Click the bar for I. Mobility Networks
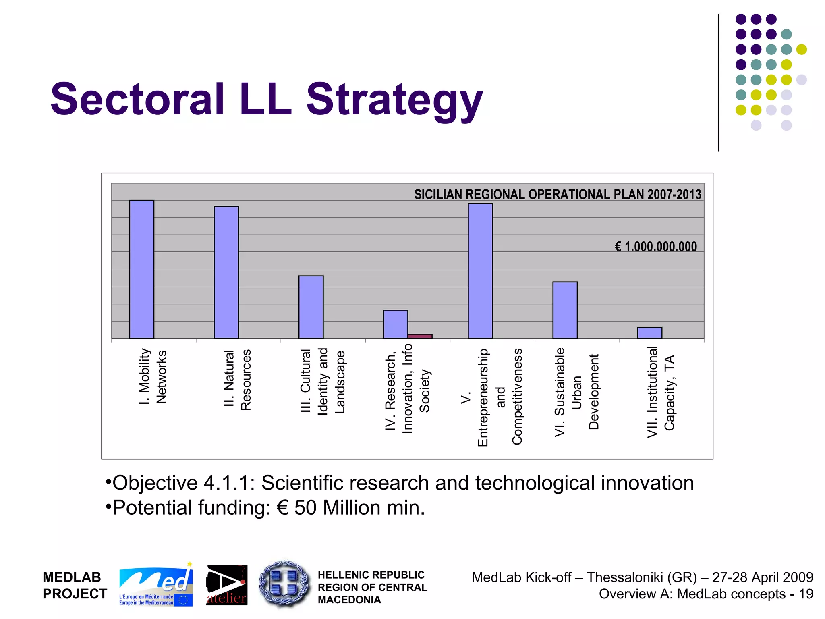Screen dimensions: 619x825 [141, 269]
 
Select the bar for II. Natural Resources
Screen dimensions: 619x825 [226, 272]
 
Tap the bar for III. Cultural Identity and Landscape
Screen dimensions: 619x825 [311, 307]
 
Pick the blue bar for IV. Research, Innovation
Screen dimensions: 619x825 [395, 324]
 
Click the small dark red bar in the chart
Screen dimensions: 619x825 [420, 336]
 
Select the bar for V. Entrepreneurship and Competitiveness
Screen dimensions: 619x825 [480, 271]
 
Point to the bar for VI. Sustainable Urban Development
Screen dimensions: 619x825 [565, 310]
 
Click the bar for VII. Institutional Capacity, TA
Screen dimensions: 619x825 [649, 333]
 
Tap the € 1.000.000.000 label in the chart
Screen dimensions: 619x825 [655, 247]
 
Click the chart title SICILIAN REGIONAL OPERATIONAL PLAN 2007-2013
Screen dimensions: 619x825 [558, 195]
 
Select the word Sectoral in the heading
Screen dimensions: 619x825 [137, 99]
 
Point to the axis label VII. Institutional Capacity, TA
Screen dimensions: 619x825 [660, 392]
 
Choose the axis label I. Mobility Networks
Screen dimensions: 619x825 [152, 376]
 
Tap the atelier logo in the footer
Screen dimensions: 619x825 [227, 585]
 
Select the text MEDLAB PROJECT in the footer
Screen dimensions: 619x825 [75, 586]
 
